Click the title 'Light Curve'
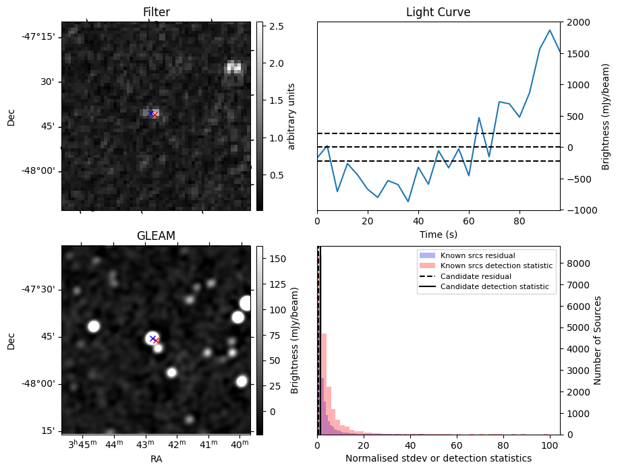[x=438, y=12]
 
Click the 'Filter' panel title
[x=156, y=12]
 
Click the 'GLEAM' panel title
[x=156, y=235]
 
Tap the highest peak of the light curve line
[x=550, y=30]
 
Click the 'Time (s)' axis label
[x=438, y=234]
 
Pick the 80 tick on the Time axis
[x=519, y=220]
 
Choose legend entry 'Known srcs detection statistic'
[x=496, y=265]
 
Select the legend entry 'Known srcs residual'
[x=477, y=255]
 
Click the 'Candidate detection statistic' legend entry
[x=494, y=287]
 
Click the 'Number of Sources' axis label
[x=598, y=340]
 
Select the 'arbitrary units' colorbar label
[x=291, y=116]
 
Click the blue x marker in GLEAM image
[x=152, y=338]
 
